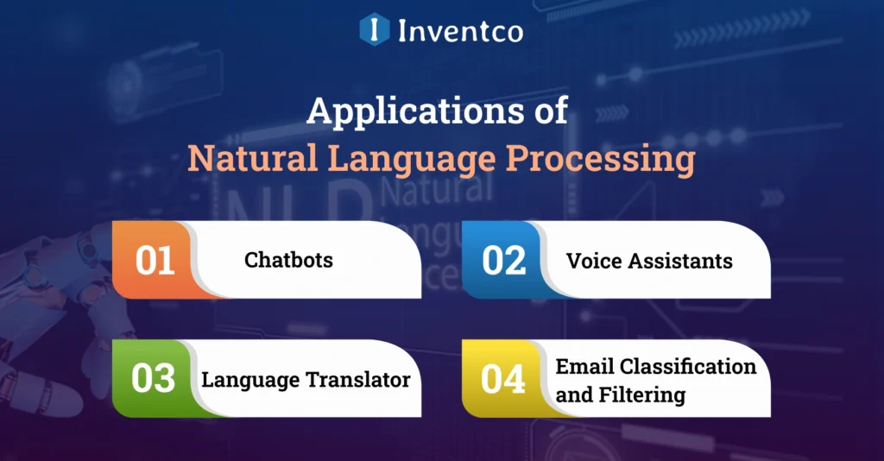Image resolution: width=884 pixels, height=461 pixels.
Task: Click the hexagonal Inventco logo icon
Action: pos(373,28)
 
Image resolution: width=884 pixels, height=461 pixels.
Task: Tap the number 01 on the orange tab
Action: pos(155,261)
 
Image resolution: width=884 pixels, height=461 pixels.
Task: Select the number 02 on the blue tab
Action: pos(504,261)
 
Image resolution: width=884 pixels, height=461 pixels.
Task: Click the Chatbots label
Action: pos(288,260)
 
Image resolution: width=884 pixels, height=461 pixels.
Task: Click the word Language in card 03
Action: pos(250,381)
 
